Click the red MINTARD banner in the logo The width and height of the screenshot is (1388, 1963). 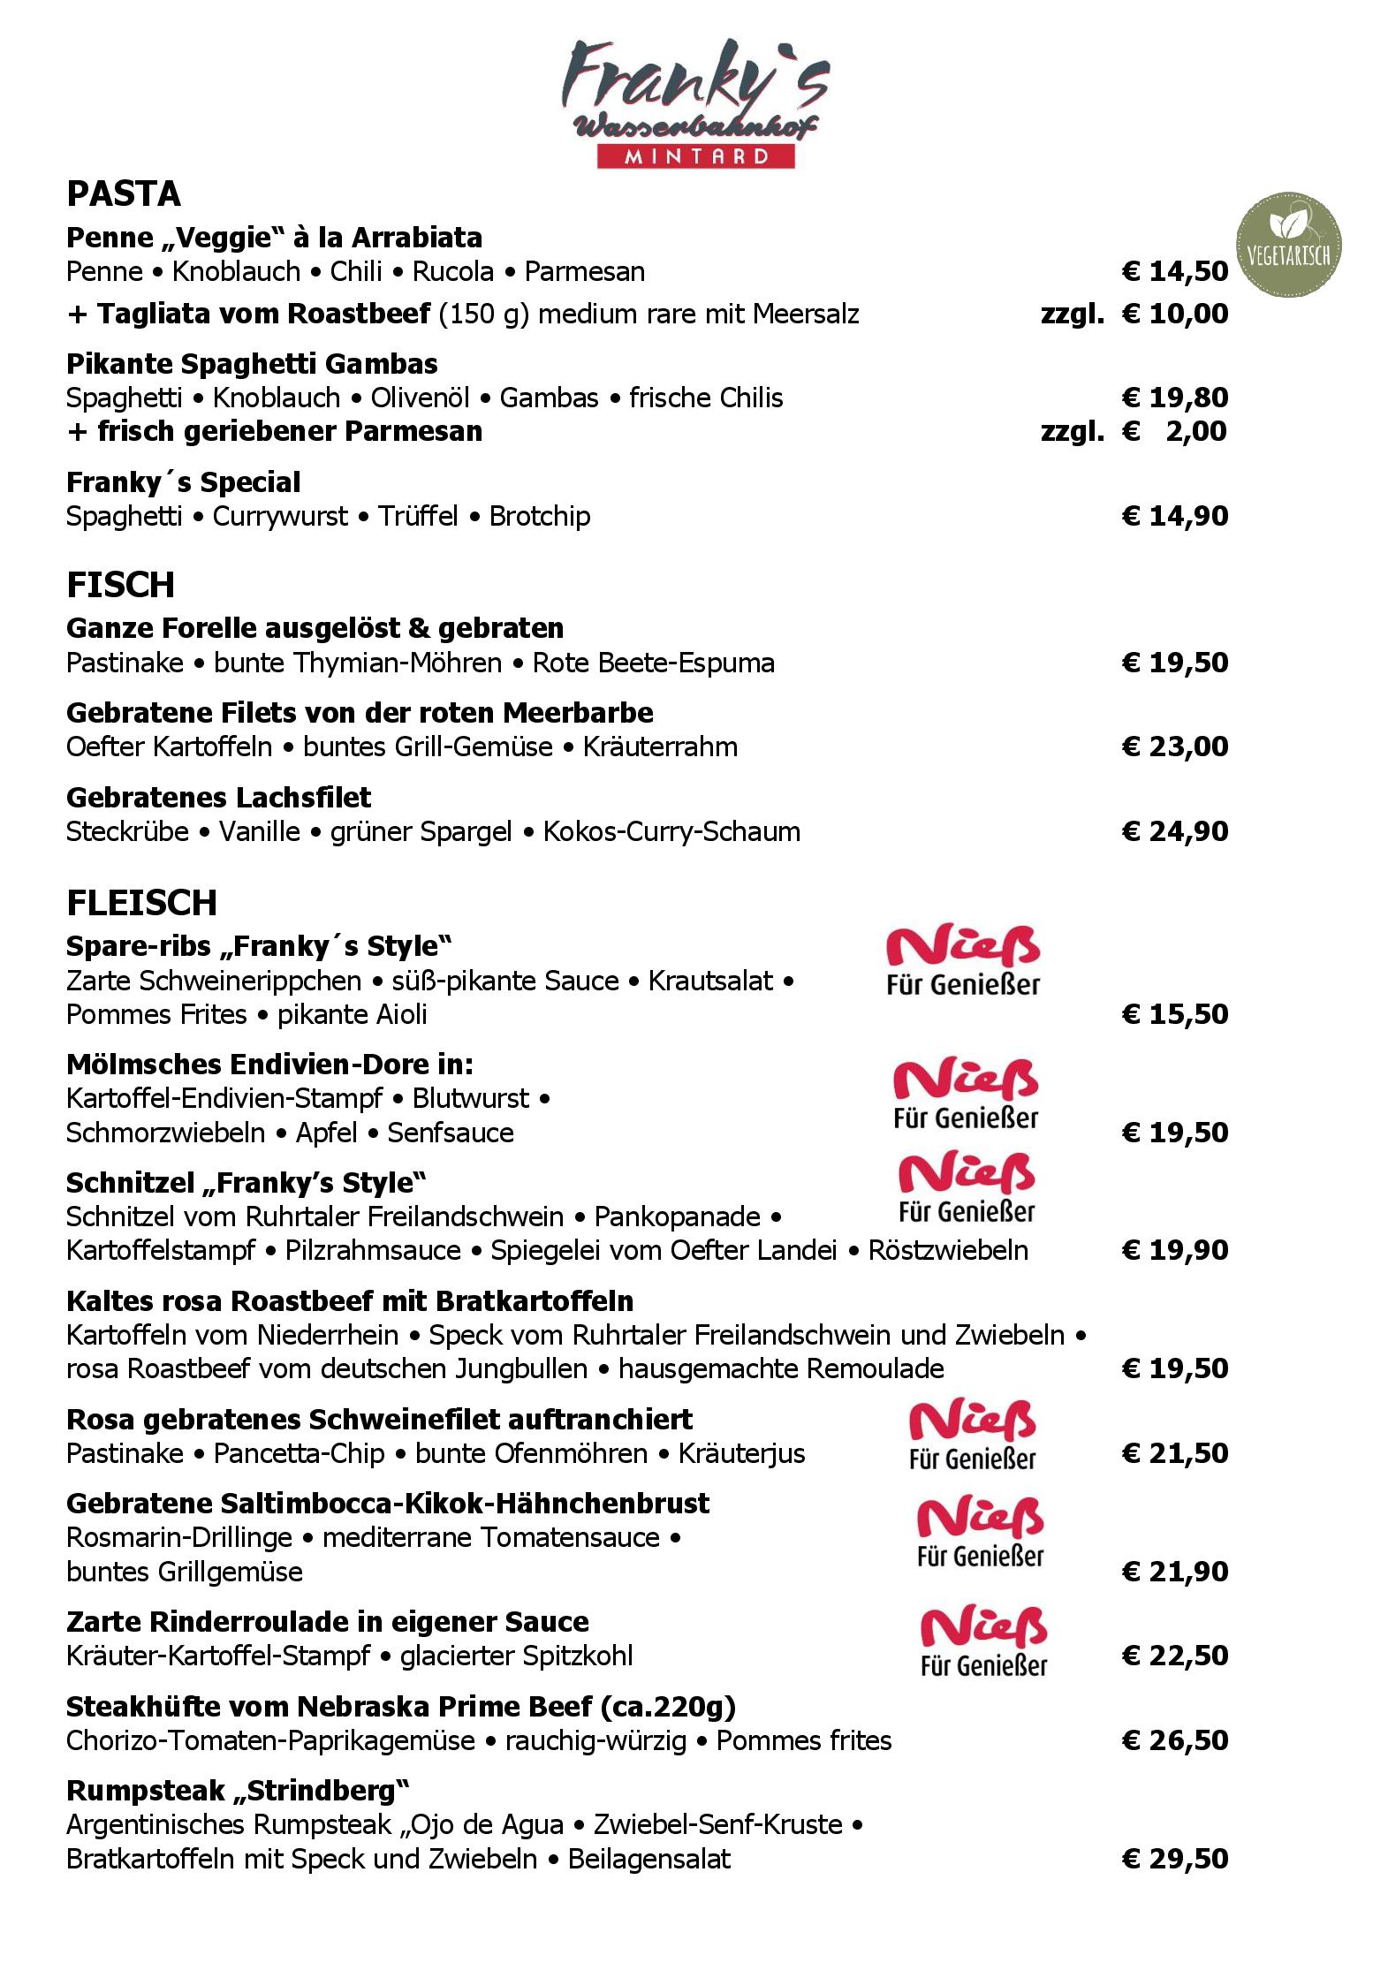pos(695,157)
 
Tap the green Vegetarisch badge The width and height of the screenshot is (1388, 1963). pos(1288,244)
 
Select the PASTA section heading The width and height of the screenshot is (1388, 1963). pos(124,193)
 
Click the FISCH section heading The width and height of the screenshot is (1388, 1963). pos(121,585)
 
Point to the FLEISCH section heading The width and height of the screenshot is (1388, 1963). pos(142,902)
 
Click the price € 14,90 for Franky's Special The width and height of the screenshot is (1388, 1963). pos(1175,516)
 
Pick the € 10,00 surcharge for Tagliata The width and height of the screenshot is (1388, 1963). pos(1175,314)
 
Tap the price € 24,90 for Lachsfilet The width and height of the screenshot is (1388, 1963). pos(1175,831)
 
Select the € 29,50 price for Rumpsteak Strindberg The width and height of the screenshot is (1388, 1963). pos(1175,1859)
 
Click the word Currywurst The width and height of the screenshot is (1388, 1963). pos(280,516)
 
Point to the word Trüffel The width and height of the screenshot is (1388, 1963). pos(418,516)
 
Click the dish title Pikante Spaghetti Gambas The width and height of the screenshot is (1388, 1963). pos(252,364)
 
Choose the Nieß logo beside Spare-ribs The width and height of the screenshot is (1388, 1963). pos(963,962)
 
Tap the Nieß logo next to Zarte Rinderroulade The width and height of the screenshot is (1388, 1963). pos(983,1642)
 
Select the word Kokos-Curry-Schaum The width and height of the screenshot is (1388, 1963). pos(671,831)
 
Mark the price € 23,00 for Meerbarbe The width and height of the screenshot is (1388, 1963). pos(1175,747)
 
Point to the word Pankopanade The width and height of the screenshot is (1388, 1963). pos(678,1216)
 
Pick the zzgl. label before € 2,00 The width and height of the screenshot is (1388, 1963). pos(1072,431)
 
